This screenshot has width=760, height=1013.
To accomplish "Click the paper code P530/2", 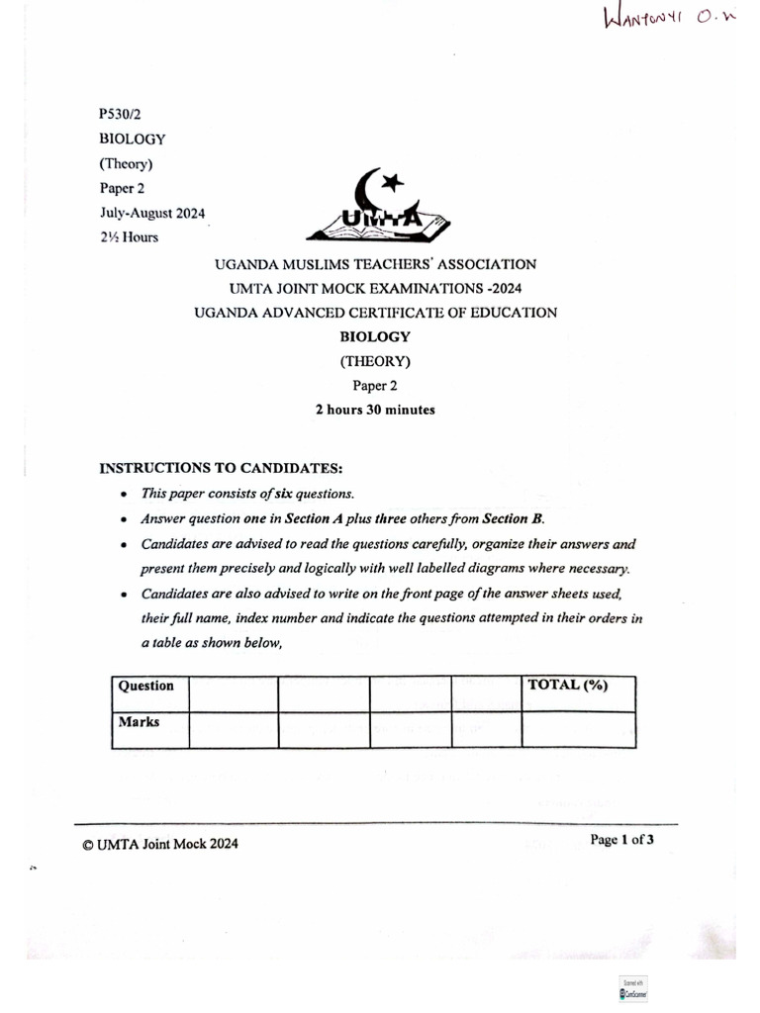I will (x=120, y=115).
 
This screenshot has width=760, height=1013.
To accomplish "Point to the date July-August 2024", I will (x=151, y=213).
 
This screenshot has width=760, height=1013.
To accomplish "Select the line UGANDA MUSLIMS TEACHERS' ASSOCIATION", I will (x=376, y=264).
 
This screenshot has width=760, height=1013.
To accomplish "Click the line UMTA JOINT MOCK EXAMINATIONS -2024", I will (x=376, y=288).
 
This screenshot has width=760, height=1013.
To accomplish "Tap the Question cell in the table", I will (x=146, y=686).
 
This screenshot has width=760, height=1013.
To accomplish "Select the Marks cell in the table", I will (x=140, y=722).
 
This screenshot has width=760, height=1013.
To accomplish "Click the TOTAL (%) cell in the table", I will (x=568, y=685).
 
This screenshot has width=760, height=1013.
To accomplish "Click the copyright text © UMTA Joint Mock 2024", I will (x=160, y=844).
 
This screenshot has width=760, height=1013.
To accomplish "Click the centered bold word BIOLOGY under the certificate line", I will (x=375, y=336).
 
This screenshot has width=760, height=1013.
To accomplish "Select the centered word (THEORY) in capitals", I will (x=375, y=361).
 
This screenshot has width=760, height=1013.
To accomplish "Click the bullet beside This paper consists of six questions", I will (x=123, y=494).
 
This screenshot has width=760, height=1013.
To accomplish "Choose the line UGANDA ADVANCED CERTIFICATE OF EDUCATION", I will (x=376, y=313).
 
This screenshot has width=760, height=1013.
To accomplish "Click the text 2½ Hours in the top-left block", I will (x=129, y=237).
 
